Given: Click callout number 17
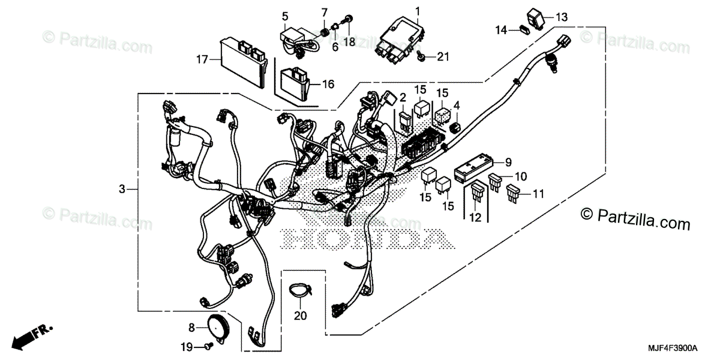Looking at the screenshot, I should [201, 59].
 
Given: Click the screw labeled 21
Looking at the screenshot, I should [423, 57].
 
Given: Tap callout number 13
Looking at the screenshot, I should [561, 17].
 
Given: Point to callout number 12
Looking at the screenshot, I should [476, 218].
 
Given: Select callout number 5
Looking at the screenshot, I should [285, 15].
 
